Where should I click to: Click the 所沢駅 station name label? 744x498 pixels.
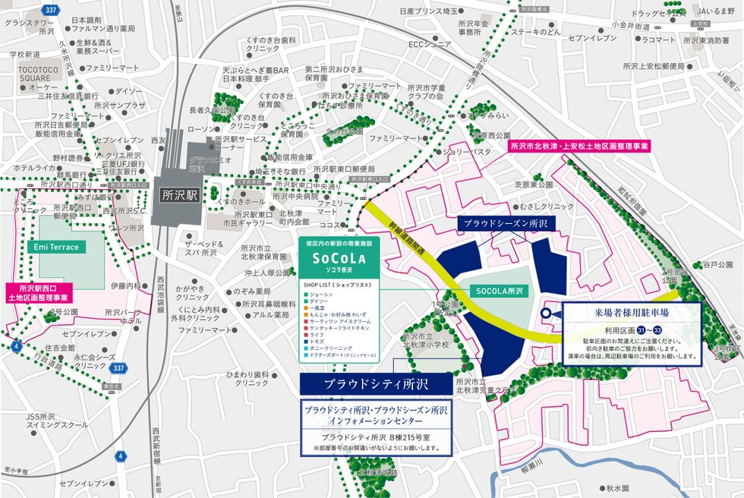pyautogui.click(x=180, y=194)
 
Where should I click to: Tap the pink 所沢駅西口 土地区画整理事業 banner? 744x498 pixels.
pyautogui.click(x=43, y=293)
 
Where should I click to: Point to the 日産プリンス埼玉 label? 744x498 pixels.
pyautogui.click(x=429, y=12)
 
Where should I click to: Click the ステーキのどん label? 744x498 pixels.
pyautogui.click(x=535, y=33)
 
